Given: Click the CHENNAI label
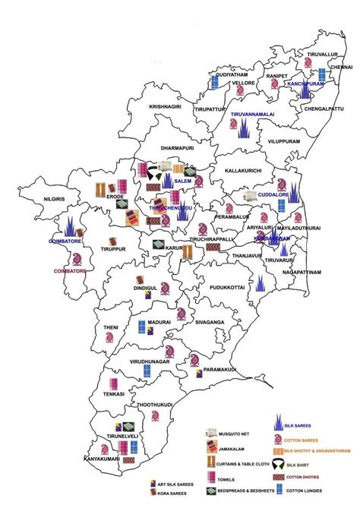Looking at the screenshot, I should click(x=341, y=67).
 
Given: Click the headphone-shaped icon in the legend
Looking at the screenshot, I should click(x=283, y=463).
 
